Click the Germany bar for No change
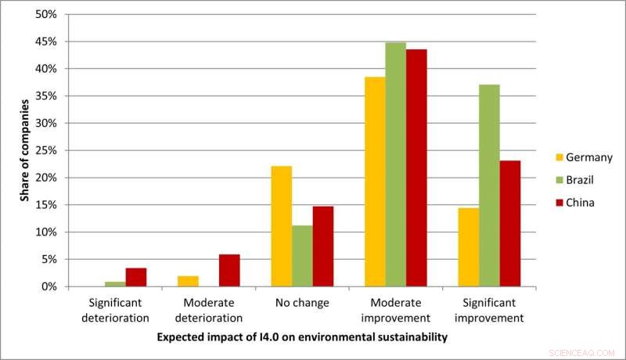pyautogui.click(x=281, y=226)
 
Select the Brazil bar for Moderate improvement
pyautogui.click(x=396, y=164)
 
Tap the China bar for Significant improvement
pyautogui.click(x=510, y=223)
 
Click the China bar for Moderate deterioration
pyautogui.click(x=229, y=270)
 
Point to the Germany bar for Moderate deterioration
pyautogui.click(x=188, y=281)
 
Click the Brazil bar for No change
pyautogui.click(x=302, y=256)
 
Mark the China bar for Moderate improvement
pyautogui.click(x=416, y=167)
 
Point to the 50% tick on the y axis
pyautogui.click(x=46, y=14)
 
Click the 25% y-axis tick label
pyautogui.click(x=46, y=150)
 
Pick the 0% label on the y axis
pyautogui.click(x=49, y=286)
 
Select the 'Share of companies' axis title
pyautogui.click(x=24, y=151)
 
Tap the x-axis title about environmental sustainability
pyautogui.click(x=301, y=338)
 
